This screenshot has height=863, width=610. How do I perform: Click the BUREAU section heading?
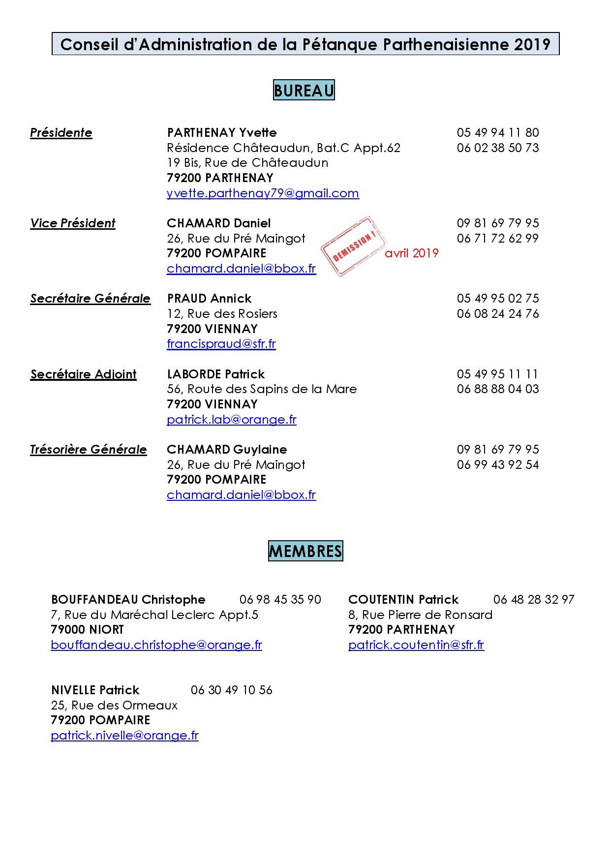(x=304, y=91)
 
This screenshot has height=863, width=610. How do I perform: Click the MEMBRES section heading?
(x=305, y=551)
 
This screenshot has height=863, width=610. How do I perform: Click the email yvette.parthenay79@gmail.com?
(x=263, y=193)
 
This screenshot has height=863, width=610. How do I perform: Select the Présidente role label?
(x=61, y=133)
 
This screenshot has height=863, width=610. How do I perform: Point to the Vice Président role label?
(x=73, y=223)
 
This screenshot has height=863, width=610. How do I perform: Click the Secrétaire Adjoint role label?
(x=83, y=374)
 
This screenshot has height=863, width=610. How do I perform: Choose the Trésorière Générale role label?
(x=89, y=450)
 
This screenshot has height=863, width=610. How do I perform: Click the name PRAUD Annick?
(x=209, y=299)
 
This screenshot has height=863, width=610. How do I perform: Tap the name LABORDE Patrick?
(x=215, y=374)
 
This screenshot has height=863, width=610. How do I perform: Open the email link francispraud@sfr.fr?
(x=221, y=344)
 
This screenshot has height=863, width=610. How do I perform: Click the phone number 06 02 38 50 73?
(x=498, y=148)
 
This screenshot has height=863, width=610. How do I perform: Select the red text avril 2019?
(x=411, y=253)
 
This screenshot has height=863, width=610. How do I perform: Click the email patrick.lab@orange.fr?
(x=231, y=420)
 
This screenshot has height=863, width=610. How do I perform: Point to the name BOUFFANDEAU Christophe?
(x=128, y=600)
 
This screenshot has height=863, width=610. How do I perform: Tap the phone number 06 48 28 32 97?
(x=534, y=600)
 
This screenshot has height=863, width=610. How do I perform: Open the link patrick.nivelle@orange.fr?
(x=124, y=736)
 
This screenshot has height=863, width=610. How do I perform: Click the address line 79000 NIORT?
(x=88, y=630)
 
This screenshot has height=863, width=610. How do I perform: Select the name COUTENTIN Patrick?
(x=403, y=600)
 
